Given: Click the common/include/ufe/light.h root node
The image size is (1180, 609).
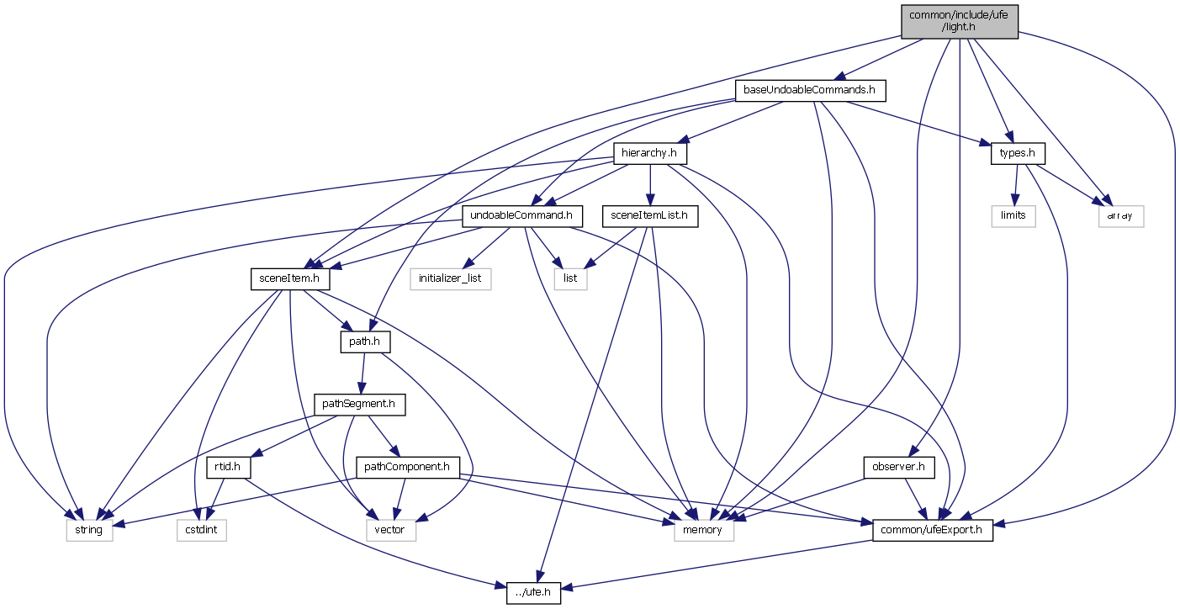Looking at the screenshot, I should pyautogui.click(x=959, y=21).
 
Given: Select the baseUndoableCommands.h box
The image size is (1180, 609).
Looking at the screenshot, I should pyautogui.click(x=811, y=90).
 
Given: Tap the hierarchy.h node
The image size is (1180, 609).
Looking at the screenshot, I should pyautogui.click(x=650, y=154).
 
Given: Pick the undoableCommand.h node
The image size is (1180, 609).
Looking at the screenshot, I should pyautogui.click(x=522, y=216).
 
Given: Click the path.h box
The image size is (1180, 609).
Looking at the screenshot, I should pyautogui.click(x=364, y=342).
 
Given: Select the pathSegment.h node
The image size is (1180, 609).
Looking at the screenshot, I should pyautogui.click(x=360, y=405).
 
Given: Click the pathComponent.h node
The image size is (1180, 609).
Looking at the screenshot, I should pyautogui.click(x=409, y=467).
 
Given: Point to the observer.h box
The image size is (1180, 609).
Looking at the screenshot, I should pyautogui.click(x=899, y=467).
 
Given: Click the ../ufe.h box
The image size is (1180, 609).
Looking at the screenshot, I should pyautogui.click(x=534, y=593).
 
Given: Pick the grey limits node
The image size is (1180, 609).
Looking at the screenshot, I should pyautogui.click(x=1013, y=216).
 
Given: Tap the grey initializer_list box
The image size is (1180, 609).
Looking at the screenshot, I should pyautogui.click(x=451, y=278).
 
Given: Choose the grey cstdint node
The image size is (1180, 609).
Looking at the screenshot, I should pyautogui.click(x=202, y=530).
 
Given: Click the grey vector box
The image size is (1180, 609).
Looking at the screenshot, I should pyautogui.click(x=390, y=530).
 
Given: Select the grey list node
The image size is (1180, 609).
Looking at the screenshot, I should pyautogui.click(x=570, y=278).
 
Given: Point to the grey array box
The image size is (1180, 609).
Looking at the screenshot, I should pyautogui.click(x=1121, y=216).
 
